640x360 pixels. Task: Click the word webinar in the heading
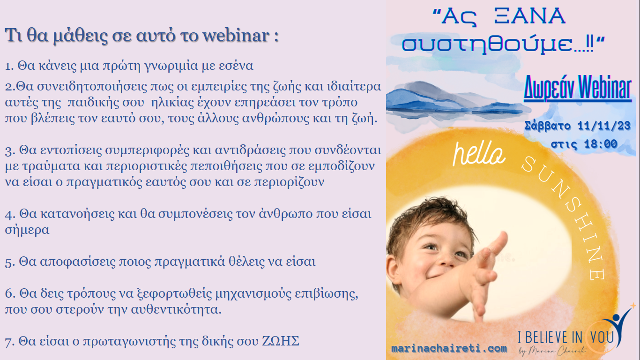click(x=236, y=36)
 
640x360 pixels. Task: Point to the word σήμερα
click(x=27, y=230)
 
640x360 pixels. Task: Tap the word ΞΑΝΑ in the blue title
click(x=530, y=16)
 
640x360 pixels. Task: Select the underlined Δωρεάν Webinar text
click(x=577, y=88)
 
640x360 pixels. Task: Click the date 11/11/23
click(x=604, y=126)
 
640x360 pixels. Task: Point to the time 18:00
click(x=601, y=144)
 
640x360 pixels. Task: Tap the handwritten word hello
click(x=478, y=154)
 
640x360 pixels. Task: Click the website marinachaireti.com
click(x=449, y=349)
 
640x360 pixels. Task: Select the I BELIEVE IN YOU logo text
click(x=566, y=337)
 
